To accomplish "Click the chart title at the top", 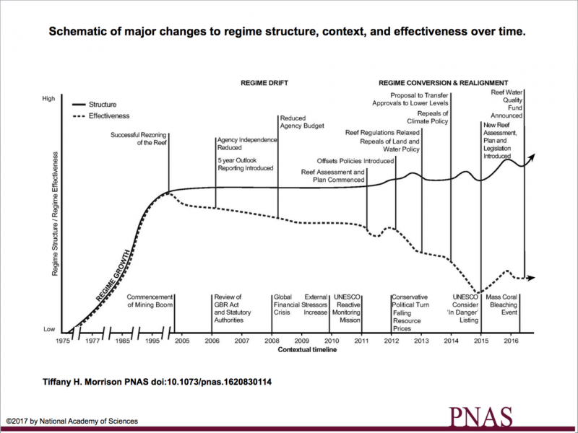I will (x=288, y=32).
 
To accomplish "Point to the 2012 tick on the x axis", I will (x=391, y=341).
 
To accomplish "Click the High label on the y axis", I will (x=49, y=98).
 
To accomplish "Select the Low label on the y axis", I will (x=49, y=329).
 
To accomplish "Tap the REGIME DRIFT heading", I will (x=264, y=83).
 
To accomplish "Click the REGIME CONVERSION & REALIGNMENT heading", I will (x=444, y=83).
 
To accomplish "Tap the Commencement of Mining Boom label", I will (x=150, y=301).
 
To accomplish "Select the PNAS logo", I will (x=481, y=417).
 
